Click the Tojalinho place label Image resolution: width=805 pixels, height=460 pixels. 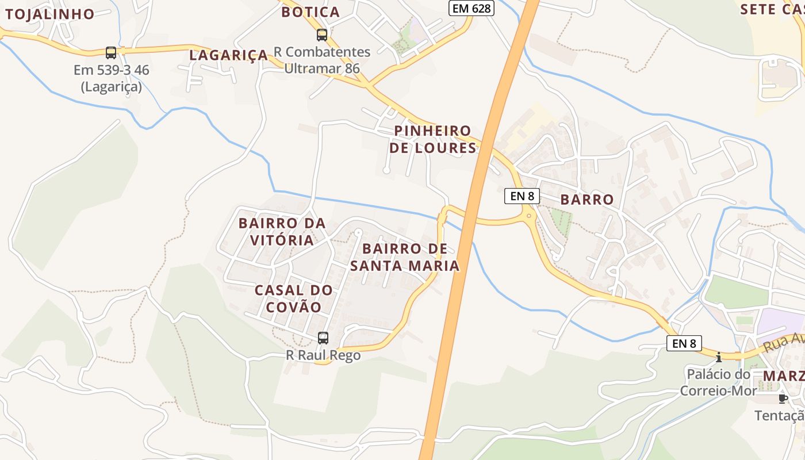click(x=49, y=14)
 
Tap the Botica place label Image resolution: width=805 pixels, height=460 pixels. click(x=310, y=12)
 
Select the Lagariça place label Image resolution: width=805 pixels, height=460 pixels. click(x=229, y=55)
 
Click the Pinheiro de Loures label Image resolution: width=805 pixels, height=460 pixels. click(x=433, y=139)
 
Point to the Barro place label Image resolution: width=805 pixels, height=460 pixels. click(x=587, y=200)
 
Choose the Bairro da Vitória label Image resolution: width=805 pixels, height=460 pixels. click(x=282, y=231)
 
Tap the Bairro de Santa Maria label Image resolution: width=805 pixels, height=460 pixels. click(x=405, y=257)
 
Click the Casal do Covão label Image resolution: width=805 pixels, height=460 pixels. click(x=294, y=298)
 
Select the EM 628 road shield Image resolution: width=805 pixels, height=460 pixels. click(x=471, y=8)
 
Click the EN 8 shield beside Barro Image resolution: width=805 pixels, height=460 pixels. click(x=522, y=195)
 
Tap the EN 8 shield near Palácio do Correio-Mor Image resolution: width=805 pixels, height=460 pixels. click(x=684, y=343)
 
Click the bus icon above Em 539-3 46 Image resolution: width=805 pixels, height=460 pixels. click(x=111, y=53)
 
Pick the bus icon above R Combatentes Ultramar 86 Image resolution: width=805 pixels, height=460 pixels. click(x=322, y=35)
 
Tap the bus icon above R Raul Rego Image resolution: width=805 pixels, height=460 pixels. click(x=323, y=338)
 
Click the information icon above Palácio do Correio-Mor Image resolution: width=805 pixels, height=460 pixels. click(x=718, y=357)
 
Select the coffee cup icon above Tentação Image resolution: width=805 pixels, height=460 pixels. click(x=782, y=398)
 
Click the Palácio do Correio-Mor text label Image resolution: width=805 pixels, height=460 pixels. click(x=715, y=383)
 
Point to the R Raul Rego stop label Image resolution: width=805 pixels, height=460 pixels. click(x=323, y=355)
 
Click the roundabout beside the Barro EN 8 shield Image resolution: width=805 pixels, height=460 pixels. click(x=528, y=216)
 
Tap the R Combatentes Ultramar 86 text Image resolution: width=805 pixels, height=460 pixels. click(x=322, y=60)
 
